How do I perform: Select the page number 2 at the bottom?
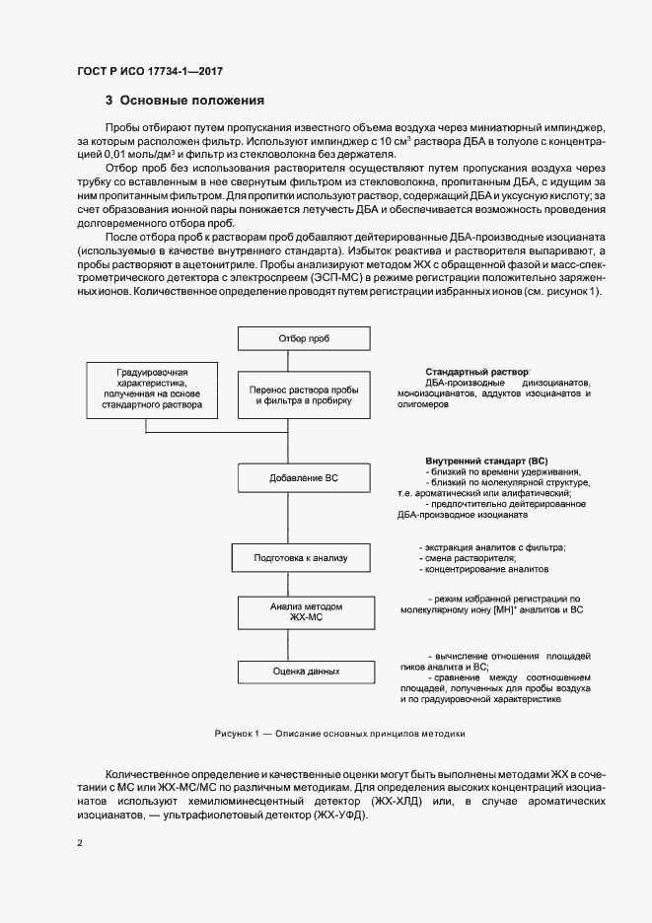(80, 843)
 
